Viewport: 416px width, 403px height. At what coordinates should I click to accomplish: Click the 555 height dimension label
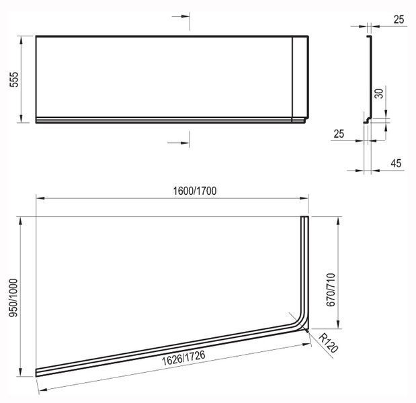click(x=14, y=79)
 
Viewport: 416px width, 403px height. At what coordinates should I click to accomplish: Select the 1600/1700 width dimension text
click(x=195, y=191)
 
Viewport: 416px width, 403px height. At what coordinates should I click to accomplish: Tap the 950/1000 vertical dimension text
click(x=13, y=298)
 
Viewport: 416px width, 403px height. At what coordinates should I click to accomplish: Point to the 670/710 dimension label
click(x=331, y=289)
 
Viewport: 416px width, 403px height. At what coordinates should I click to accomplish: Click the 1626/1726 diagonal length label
click(x=183, y=358)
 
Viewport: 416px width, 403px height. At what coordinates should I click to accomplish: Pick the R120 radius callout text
click(x=328, y=343)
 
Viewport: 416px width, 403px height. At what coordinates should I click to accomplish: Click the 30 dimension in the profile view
click(x=379, y=93)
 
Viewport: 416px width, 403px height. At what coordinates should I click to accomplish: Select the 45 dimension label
click(x=396, y=163)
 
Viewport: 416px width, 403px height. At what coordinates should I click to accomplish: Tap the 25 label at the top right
click(x=399, y=19)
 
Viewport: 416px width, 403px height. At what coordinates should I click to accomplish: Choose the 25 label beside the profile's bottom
click(x=339, y=134)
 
